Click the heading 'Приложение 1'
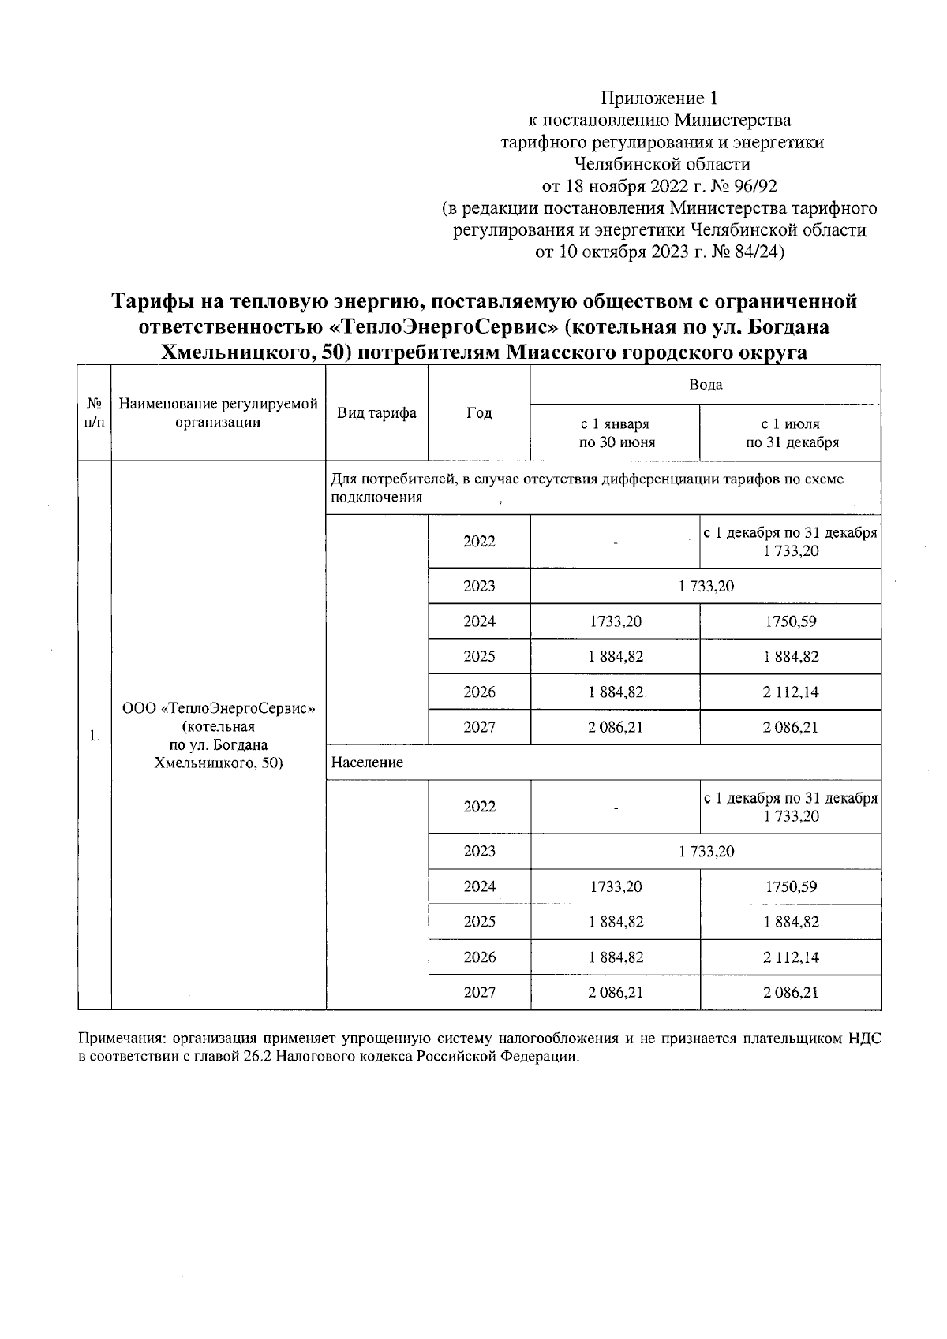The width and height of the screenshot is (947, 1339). (x=660, y=99)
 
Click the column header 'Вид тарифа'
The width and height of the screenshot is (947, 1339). (x=376, y=413)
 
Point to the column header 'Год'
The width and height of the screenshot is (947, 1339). (x=479, y=413)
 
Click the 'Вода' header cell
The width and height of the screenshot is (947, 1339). (x=706, y=385)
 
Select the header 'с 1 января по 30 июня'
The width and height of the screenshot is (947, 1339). (x=615, y=433)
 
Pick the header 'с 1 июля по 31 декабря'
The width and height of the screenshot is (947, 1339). (x=790, y=433)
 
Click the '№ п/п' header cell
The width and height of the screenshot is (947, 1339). (x=94, y=413)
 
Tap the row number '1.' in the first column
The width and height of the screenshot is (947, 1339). (x=94, y=736)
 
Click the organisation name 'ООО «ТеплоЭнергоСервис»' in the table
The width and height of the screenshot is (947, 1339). (x=219, y=707)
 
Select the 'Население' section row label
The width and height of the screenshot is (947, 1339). (x=367, y=763)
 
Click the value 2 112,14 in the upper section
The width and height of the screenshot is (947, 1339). (x=790, y=692)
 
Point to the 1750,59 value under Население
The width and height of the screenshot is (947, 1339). (x=790, y=886)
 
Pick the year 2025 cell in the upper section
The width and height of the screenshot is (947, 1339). (x=479, y=656)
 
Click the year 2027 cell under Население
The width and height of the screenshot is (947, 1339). (x=479, y=992)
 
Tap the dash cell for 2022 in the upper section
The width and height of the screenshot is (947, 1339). (x=615, y=542)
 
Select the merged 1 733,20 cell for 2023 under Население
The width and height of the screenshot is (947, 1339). (x=706, y=851)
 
